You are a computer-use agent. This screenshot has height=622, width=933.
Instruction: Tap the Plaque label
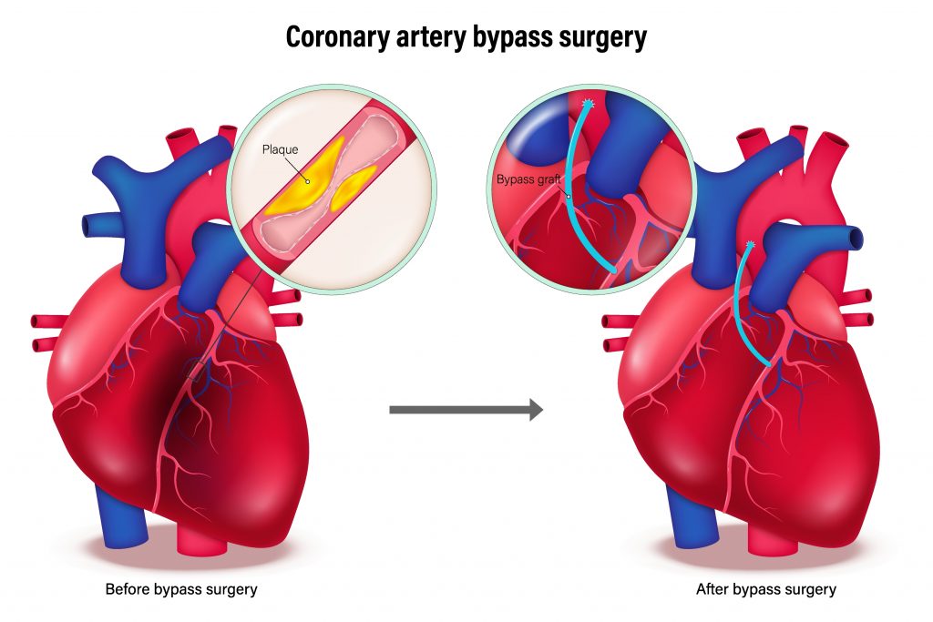281,150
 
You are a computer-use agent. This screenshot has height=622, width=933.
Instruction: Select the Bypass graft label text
528,179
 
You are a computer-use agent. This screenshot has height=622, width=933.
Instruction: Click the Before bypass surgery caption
181,589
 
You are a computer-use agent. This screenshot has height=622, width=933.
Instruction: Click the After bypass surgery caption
766,589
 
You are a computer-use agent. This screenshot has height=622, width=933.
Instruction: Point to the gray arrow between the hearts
466,410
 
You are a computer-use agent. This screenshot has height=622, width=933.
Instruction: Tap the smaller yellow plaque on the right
354,187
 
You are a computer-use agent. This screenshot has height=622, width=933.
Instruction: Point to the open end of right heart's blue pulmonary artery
856,238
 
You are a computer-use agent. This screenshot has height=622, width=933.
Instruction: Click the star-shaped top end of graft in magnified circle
588,104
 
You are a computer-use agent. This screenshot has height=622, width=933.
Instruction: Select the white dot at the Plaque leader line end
308,181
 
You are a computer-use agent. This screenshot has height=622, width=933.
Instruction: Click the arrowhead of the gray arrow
536,410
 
